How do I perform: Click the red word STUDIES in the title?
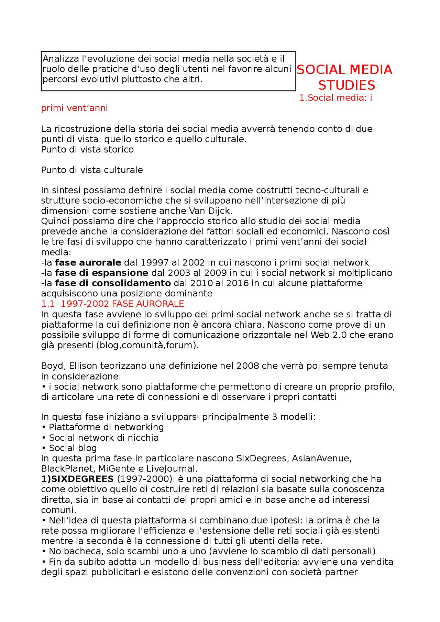coord(346,85)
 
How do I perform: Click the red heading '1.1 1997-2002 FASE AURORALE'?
coord(112,304)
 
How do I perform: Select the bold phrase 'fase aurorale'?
coord(88,262)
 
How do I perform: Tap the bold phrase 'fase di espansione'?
coord(101,273)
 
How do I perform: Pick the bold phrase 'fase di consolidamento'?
coord(113,283)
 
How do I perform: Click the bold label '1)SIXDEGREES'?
coord(77,479)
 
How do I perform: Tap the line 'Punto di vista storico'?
coord(87,149)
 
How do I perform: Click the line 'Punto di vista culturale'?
coord(92,170)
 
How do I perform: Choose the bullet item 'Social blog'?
coord(73,448)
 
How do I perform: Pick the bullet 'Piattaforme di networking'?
coord(106,427)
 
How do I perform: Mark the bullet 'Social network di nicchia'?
coord(103,438)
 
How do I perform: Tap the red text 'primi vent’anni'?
coord(74,108)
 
